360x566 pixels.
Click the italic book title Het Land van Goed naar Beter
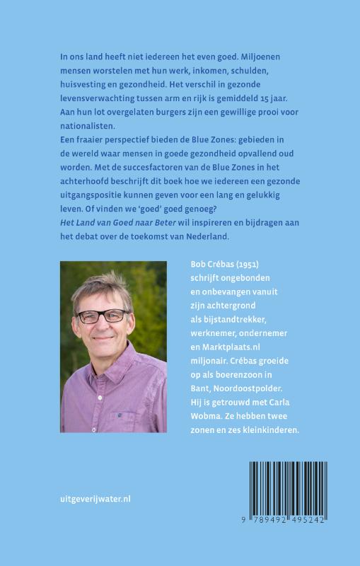[124, 223]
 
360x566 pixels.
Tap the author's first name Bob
[199, 264]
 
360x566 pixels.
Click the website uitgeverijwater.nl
[95, 498]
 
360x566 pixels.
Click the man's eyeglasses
[103, 316]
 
